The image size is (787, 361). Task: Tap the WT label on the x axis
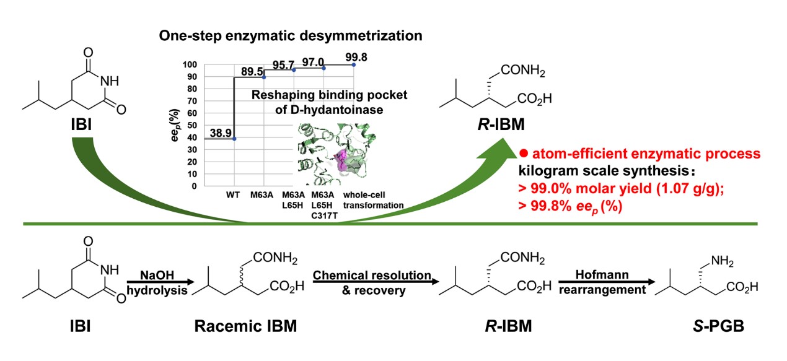click(234, 195)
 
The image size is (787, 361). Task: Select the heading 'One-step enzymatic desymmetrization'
click(291, 36)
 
